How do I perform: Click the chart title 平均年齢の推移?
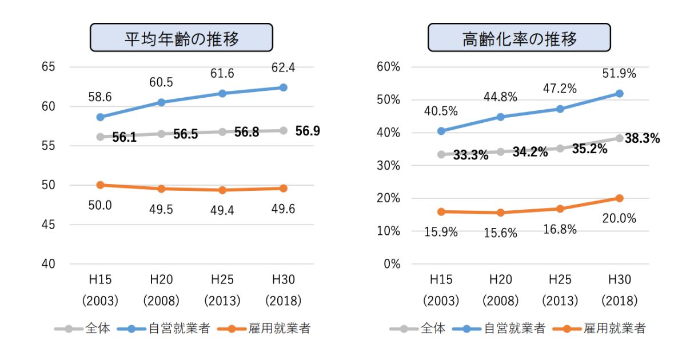pos(181,39)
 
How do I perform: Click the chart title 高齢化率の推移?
pos(519,39)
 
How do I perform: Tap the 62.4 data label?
pos(283,69)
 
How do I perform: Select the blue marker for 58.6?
pos(101,117)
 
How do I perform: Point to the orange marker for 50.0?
pos(101,185)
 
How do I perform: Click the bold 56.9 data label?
pos(308,131)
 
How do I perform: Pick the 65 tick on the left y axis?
pos(48,67)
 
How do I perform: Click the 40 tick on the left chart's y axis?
pos(48,264)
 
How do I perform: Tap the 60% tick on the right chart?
pos(389,67)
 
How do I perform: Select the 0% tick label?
pos(392,264)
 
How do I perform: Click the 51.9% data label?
pos(619,74)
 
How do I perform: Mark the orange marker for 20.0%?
pos(619,198)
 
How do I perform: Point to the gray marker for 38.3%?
pos(619,138)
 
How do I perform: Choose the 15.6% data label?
pos(500,233)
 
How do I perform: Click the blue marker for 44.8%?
pos(501,117)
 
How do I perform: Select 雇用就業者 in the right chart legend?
pos(615,329)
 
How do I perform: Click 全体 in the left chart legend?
pos(97,329)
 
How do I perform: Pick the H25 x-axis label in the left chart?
pos(222,280)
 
